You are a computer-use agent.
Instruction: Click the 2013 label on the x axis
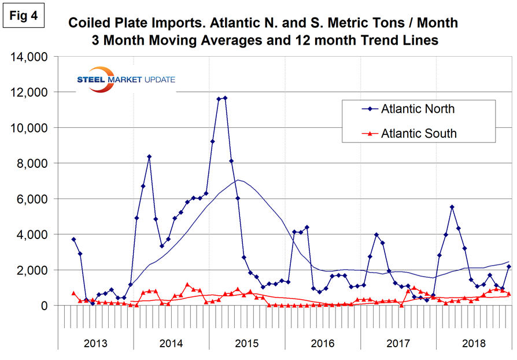click(x=95, y=343)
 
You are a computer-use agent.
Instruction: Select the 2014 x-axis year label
click(x=171, y=343)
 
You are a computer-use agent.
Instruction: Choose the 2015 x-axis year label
click(x=247, y=343)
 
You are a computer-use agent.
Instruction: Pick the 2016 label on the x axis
click(x=323, y=343)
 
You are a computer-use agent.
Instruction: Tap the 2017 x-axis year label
click(x=398, y=343)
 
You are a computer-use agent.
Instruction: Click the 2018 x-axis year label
click(x=474, y=343)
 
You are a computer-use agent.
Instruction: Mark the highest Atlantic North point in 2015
click(x=225, y=98)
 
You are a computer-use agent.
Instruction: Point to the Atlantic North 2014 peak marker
click(x=149, y=157)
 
